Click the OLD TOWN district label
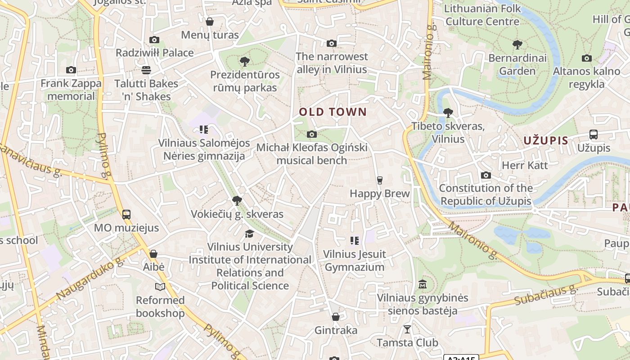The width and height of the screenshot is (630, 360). coord(333,112)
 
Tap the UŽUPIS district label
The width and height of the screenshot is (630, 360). coord(546,140)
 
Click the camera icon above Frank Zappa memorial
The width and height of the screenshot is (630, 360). coord(71,70)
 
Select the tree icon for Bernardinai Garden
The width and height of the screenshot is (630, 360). coord(517,45)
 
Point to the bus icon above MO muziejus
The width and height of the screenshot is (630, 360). coord(126,215)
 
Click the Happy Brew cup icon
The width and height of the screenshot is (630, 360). coord(380,180)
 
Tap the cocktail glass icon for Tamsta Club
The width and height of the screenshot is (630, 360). coord(407,329)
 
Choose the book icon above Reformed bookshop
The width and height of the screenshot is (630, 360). coord(160,287)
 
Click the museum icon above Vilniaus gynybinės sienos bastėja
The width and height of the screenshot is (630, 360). coord(423,284)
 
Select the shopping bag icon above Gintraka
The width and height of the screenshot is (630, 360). coord(336,317)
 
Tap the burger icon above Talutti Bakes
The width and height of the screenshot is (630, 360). coord(146,70)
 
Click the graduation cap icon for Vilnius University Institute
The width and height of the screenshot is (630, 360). coord(249,233)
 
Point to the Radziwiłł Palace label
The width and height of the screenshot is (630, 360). coord(155,53)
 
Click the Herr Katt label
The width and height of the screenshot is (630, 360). coord(525,165)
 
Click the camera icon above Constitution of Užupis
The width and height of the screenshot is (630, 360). coord(486,175)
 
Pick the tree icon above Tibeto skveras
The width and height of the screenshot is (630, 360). coord(448,113)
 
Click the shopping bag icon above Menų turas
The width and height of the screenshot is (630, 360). coord(210,22)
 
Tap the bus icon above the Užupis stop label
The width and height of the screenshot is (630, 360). coord(594,135)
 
